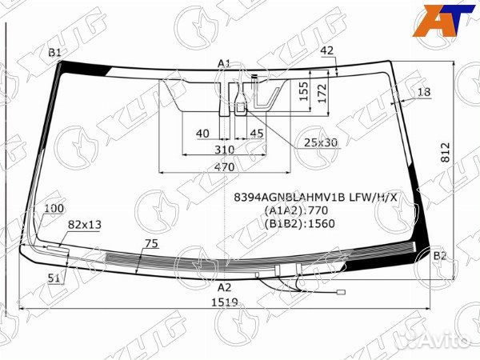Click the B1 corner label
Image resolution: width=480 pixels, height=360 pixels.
pos(55,52)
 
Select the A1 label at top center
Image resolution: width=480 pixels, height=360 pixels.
pos(224,63)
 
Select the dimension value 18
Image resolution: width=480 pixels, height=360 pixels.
pos(423,92)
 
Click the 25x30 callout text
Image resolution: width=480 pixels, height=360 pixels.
pos(321,142)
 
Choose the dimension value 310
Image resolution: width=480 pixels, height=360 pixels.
pos(224,150)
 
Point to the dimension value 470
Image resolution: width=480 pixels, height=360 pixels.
pos(224,168)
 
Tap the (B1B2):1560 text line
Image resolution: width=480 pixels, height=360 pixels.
pos(298,223)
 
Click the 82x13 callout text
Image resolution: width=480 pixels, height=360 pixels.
pos(84,225)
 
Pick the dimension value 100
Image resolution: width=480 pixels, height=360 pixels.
pos(54,209)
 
